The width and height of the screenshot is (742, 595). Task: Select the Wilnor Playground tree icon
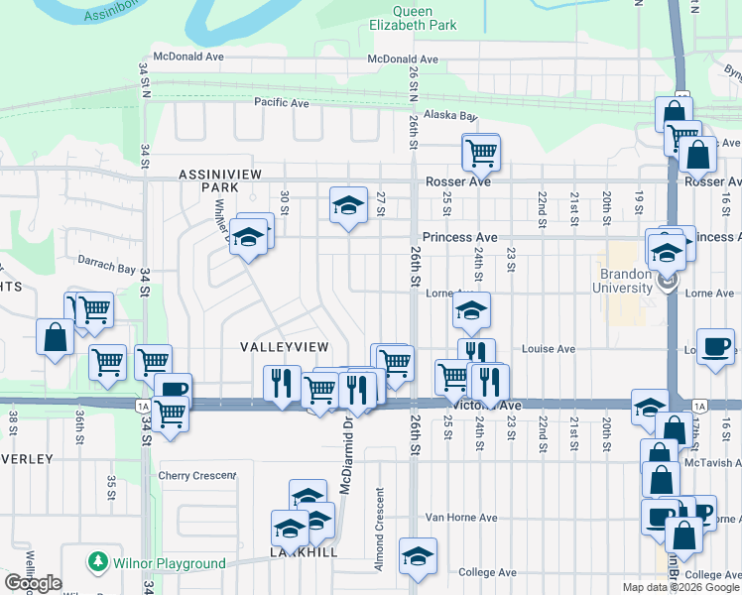98,562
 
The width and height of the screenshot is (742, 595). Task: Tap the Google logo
33,583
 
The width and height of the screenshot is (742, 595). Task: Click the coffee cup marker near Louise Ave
716,347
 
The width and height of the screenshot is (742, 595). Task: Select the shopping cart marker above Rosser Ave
481,153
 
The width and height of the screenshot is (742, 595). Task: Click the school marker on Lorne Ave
472,309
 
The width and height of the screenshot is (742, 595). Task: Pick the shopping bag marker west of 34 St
55,337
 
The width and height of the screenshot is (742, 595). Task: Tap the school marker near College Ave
418,556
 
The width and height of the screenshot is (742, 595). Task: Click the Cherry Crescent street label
196,476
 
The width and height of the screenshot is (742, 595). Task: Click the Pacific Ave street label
282,102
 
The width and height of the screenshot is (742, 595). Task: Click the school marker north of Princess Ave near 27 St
347,205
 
